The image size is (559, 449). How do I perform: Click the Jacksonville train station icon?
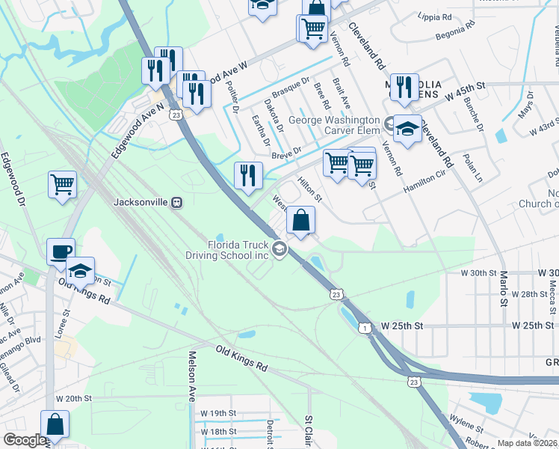point(177,202)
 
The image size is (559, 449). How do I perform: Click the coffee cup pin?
point(61,252)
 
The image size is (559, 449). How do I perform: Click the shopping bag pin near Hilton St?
point(300,221)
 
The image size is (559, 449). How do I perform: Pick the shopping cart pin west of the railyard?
point(62,184)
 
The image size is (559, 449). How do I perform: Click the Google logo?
point(25,440)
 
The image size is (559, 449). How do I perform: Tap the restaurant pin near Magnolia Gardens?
point(404,88)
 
